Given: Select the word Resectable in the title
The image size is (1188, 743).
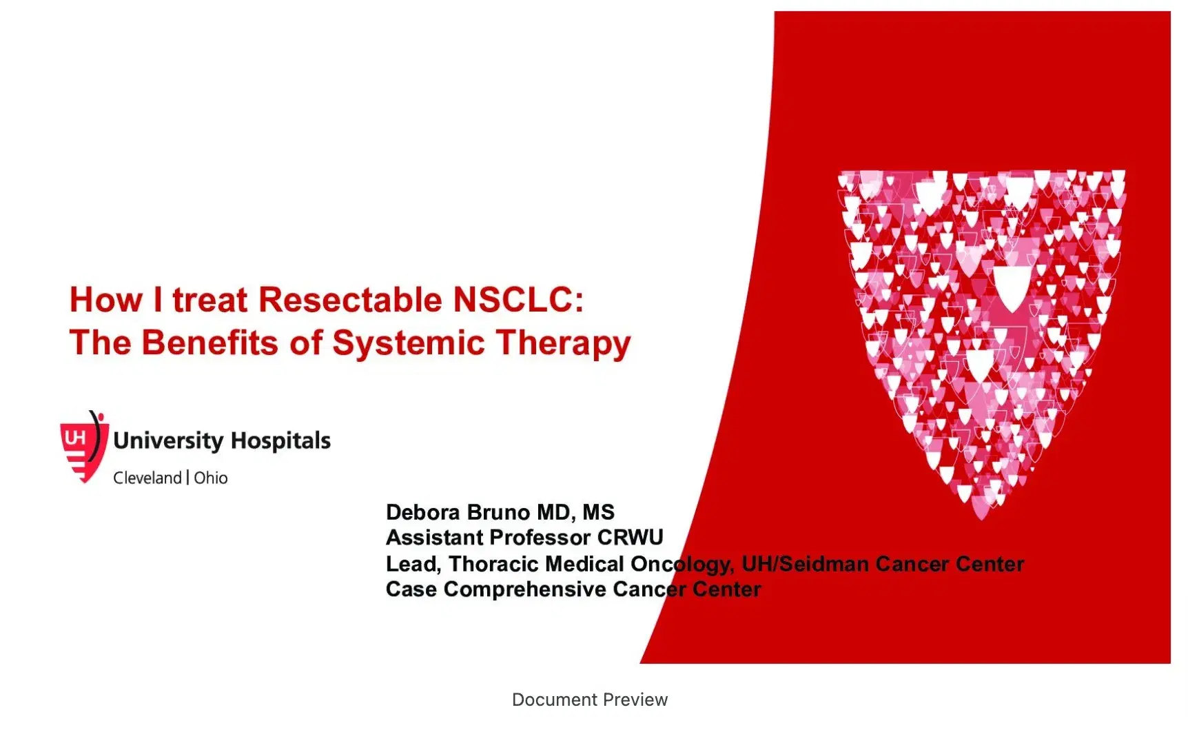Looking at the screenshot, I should coord(349,300).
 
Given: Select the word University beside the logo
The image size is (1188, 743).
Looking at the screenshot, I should coord(168,440).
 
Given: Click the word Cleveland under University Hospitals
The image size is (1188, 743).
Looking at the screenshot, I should coord(147,478).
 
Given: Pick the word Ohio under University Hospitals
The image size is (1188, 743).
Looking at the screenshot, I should coord(211,478).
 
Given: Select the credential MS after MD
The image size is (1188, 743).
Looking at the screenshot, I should coord(598,512).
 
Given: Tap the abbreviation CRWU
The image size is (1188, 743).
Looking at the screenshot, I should coord(630,538).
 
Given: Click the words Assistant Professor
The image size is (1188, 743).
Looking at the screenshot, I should coord(488,538).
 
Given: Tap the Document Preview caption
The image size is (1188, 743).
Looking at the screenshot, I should coord(590,700).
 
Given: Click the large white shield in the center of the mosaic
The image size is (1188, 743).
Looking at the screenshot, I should coord(1012,287).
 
